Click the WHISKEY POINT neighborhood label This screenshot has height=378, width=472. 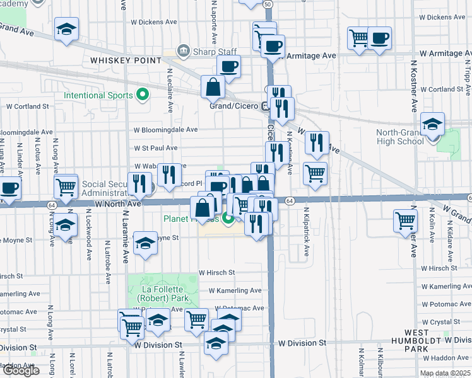click(126, 60)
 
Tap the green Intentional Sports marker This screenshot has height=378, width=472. click(143, 96)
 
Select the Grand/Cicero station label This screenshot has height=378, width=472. click(233, 106)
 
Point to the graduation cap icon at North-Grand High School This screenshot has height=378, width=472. click(433, 123)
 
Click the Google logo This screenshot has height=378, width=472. click(20, 370)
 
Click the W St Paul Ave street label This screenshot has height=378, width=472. click(155, 149)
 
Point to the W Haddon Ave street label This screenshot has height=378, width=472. click(447, 357)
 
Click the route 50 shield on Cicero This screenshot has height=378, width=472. click(268, 4)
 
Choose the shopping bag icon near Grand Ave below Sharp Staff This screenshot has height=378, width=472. click(213, 86)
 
